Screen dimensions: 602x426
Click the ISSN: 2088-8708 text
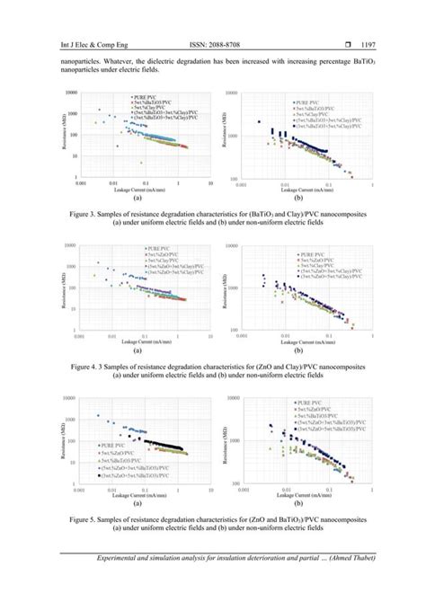point(211,43)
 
